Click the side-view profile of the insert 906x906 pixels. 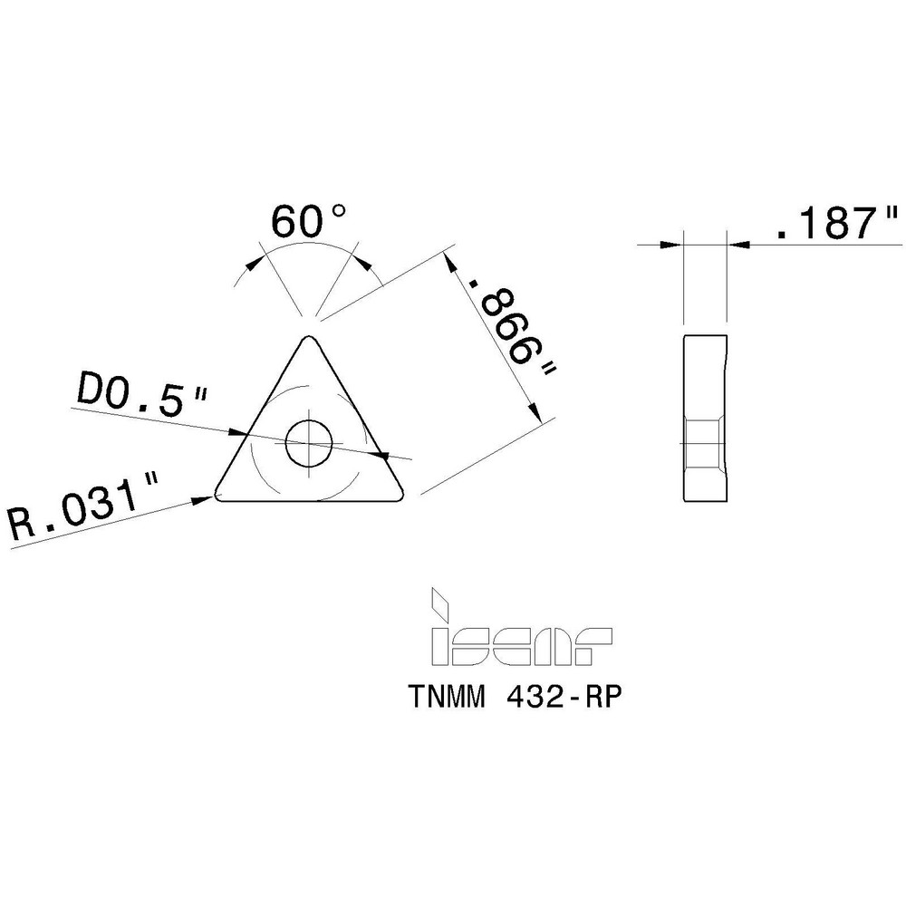704,418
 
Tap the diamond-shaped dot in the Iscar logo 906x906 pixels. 441,600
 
